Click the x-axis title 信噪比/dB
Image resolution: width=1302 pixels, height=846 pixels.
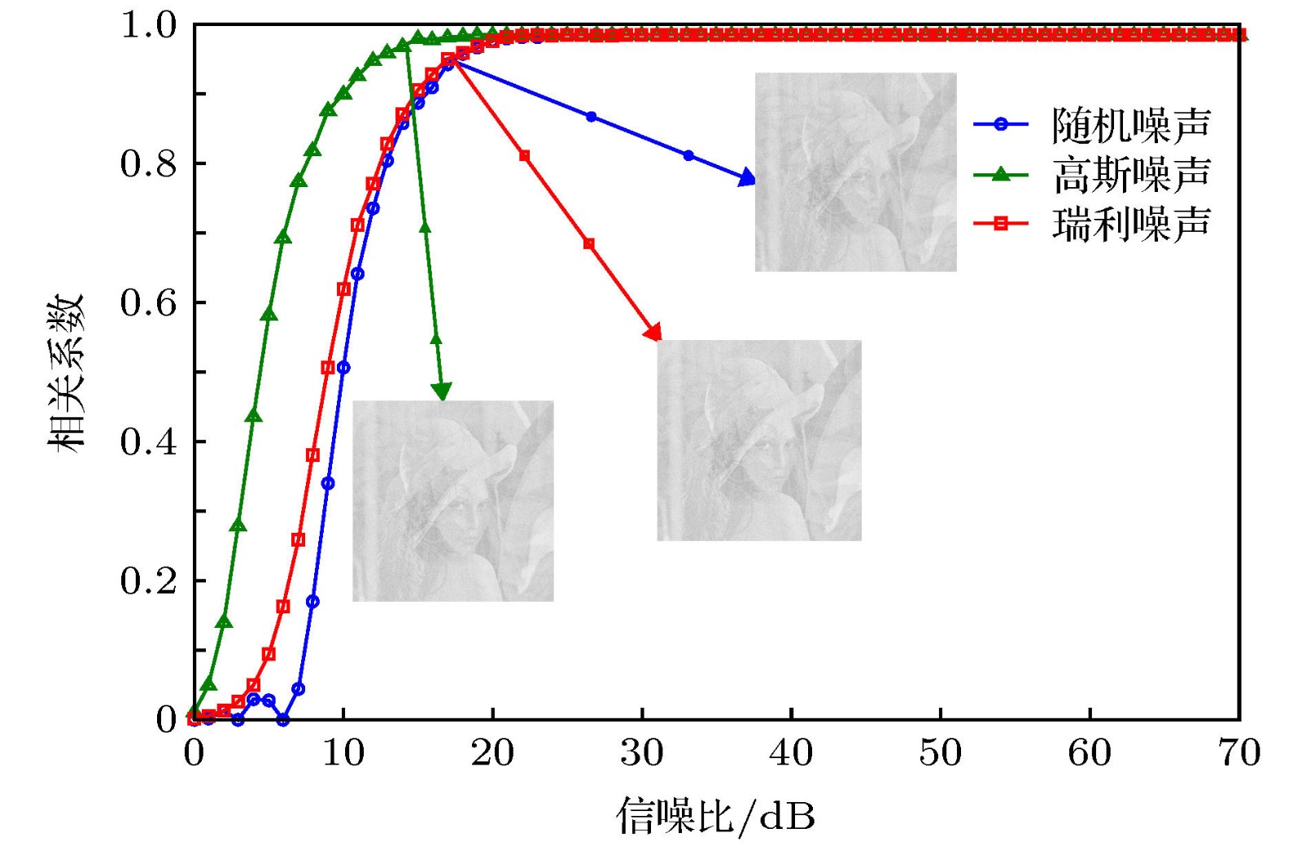[x=715, y=815]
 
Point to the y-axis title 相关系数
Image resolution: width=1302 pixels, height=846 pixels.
[x=65, y=373]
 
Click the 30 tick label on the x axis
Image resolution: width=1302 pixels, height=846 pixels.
[x=642, y=753]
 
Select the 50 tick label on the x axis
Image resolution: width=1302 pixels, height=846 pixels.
[x=941, y=753]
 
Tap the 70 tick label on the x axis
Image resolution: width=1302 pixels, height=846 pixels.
[x=1239, y=753]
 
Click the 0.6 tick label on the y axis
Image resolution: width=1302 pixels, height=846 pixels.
[x=148, y=303]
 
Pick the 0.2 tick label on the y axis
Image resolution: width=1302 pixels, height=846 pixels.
[x=148, y=581]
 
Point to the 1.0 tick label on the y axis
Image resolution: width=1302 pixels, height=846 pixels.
[x=148, y=25]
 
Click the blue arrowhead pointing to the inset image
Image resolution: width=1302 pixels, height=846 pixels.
[x=747, y=178]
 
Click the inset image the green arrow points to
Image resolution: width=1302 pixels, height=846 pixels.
[x=453, y=501]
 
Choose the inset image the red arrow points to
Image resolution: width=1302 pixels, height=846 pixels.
[x=759, y=440]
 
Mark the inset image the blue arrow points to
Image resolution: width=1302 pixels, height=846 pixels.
[x=855, y=172]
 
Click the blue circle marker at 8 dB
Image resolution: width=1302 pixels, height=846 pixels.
[x=312, y=602]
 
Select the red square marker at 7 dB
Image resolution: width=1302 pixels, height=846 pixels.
[x=298, y=539]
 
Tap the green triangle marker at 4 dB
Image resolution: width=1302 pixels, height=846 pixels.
[x=253, y=416]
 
